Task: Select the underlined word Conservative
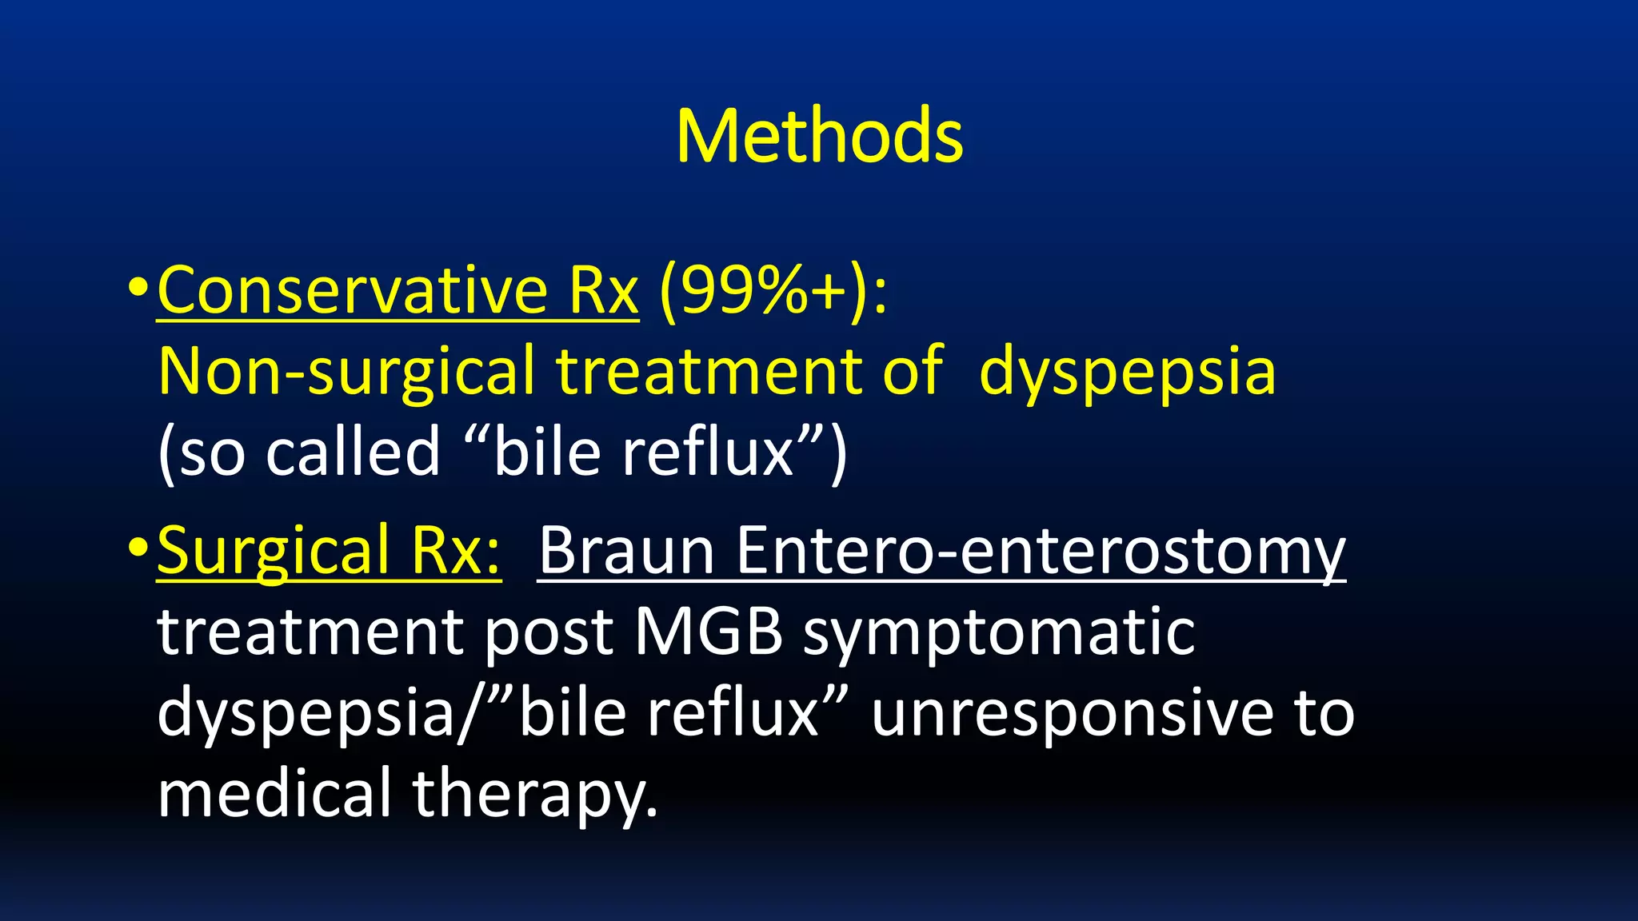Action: (x=353, y=290)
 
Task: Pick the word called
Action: (x=353, y=452)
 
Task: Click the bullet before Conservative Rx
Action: (x=137, y=286)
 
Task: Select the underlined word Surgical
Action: (x=273, y=552)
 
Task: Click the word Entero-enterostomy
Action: (x=1041, y=552)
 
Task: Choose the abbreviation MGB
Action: (x=709, y=632)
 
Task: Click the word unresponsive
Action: (x=1073, y=713)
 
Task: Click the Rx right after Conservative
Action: (x=603, y=290)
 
